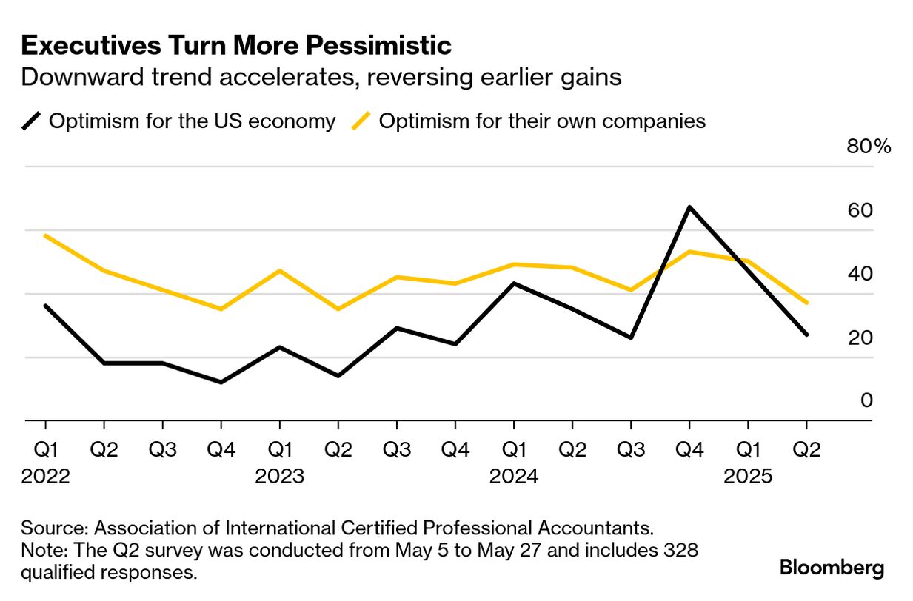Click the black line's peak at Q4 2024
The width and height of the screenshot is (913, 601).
click(x=689, y=207)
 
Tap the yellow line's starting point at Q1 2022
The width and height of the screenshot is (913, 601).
click(x=46, y=235)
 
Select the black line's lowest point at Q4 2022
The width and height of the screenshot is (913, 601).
click(x=221, y=382)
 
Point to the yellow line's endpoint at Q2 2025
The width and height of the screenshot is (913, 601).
click(x=806, y=303)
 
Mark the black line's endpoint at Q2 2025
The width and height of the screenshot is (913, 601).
click(x=806, y=335)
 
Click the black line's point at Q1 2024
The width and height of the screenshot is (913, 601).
click(x=514, y=283)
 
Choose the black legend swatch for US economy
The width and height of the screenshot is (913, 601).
click(x=33, y=121)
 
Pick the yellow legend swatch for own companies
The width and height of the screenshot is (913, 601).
click(x=362, y=121)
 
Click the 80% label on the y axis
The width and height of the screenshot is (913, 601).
click(x=869, y=147)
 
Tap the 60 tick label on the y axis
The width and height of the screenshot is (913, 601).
click(x=860, y=210)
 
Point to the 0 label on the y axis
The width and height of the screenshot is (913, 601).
click(x=867, y=400)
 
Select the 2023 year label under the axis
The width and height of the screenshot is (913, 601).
click(x=279, y=476)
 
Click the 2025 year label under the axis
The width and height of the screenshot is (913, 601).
click(x=748, y=476)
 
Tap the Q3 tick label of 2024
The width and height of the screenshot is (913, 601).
click(x=631, y=449)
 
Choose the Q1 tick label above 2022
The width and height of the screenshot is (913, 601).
click(x=46, y=449)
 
